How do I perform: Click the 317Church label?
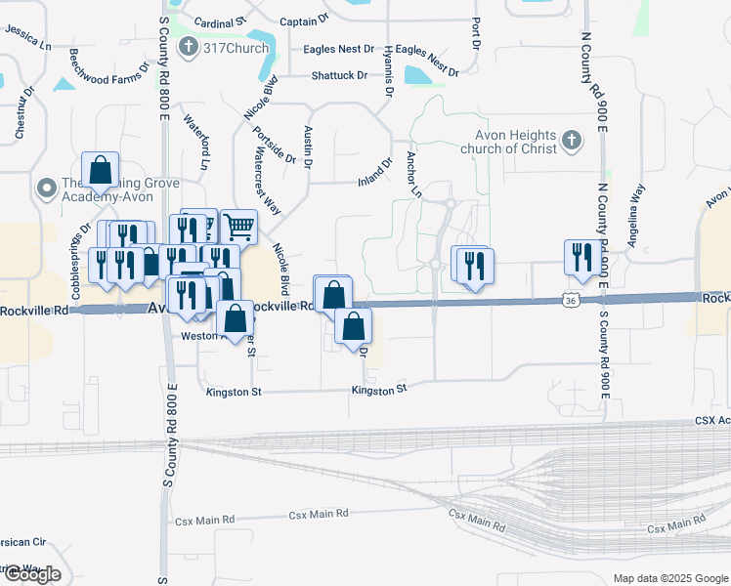(x=235, y=47)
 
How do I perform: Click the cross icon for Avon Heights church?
(x=572, y=143)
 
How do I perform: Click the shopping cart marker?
(x=238, y=228)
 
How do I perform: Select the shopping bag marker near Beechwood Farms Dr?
(x=100, y=171)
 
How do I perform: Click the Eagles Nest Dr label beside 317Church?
(x=342, y=48)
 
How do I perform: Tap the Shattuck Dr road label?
(x=339, y=75)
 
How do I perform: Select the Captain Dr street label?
(x=304, y=21)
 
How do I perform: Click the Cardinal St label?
(x=220, y=21)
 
